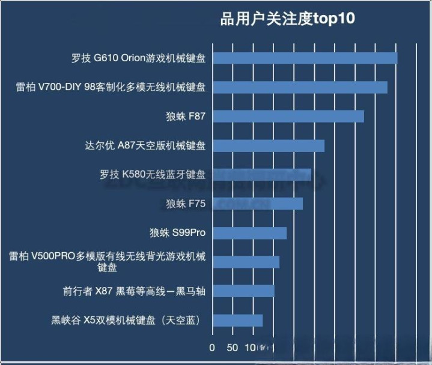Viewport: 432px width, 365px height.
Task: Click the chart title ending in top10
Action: [x=288, y=19]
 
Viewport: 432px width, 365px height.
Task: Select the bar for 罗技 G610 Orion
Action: [x=305, y=58]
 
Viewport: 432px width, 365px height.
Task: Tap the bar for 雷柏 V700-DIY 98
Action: [x=300, y=88]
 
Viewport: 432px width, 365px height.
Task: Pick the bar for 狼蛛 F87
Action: [x=288, y=116]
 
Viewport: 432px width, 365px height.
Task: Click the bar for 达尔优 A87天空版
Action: [x=269, y=146]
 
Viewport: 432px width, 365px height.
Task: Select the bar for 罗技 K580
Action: [x=262, y=175]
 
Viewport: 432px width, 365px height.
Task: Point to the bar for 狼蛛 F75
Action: [x=258, y=204]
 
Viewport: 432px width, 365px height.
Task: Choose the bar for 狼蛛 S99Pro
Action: [x=249, y=233]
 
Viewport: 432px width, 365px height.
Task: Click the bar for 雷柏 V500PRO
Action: [x=246, y=262]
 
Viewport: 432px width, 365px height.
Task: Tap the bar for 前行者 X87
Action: [x=243, y=291]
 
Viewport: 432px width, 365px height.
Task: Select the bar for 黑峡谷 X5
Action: [x=238, y=320]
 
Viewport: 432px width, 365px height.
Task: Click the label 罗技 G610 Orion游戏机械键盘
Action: [x=138, y=58]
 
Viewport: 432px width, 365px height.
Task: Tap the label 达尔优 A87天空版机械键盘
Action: [x=146, y=146]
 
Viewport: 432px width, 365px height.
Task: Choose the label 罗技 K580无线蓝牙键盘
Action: [x=153, y=175]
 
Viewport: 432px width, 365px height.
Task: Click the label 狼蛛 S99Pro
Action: [x=178, y=233]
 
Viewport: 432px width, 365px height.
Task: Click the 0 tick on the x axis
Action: [x=212, y=347]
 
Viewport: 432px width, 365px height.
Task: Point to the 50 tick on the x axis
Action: [x=232, y=347]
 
